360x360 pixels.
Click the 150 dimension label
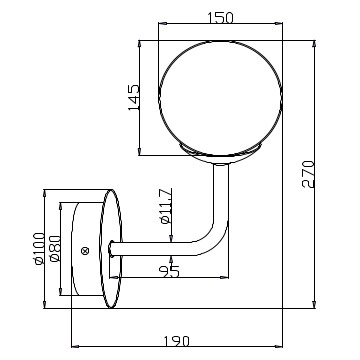click(220, 18)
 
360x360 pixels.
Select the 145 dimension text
click(134, 98)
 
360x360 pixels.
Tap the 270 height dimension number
click(308, 174)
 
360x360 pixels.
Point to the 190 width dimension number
click(177, 341)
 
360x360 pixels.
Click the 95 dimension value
click(169, 272)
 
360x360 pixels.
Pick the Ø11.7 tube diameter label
click(166, 206)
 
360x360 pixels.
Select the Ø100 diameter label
click(39, 248)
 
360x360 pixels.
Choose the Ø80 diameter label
click(55, 249)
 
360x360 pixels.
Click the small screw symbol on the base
click(85, 251)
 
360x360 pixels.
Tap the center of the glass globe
click(220, 98)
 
